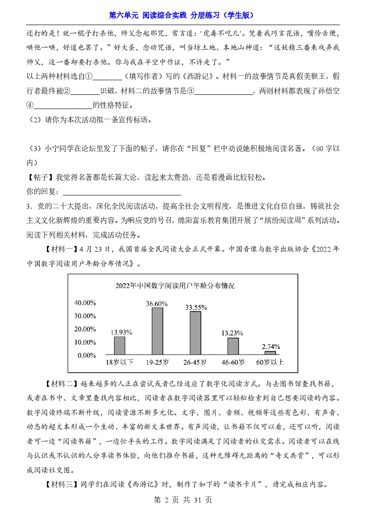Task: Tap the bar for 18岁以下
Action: pos(119,345)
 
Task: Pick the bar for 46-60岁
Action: pos(233,346)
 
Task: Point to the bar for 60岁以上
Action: pos(270,353)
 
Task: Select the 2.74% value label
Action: pos(270,347)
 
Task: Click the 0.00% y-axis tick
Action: pos(87,355)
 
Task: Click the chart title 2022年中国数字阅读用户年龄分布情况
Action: pos(175,286)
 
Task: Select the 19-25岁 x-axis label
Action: pos(158,362)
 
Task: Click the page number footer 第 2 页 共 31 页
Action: pos(183,500)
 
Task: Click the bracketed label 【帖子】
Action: pos(39,178)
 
